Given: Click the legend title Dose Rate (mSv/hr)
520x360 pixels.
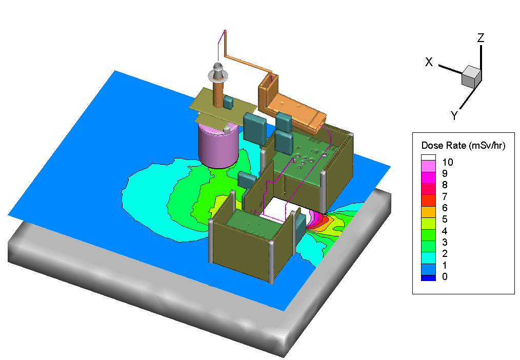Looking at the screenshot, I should tap(463, 145).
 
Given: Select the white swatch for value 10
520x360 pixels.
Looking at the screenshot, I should tap(428, 157).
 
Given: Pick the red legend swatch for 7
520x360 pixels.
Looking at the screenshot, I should tap(428, 197).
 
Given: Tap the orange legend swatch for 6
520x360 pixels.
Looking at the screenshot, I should tap(428, 208).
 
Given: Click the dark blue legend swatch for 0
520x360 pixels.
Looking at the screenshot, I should tap(428, 277).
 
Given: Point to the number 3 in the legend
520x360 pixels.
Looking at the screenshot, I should tap(444, 243).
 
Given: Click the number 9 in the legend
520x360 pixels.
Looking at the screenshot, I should tap(444, 174).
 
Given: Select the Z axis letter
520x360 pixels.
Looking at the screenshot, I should tap(481, 38).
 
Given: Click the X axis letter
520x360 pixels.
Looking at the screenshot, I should tap(429, 62).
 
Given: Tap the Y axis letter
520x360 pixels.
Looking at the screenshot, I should tap(454, 116).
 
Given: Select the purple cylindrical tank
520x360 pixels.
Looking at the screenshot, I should tap(218, 146).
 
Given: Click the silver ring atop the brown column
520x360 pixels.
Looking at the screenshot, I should tap(218, 75).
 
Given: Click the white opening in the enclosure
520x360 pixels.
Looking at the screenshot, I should tap(281, 209).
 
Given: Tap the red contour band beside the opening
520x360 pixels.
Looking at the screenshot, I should tap(323, 221).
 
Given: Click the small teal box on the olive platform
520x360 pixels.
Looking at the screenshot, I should tap(228, 103).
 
